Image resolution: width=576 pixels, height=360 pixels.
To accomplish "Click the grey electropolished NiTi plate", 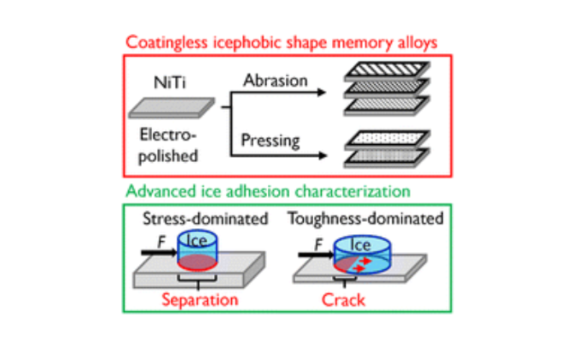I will tap(170, 110).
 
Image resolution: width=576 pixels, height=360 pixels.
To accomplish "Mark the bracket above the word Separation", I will tap(196, 279).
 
